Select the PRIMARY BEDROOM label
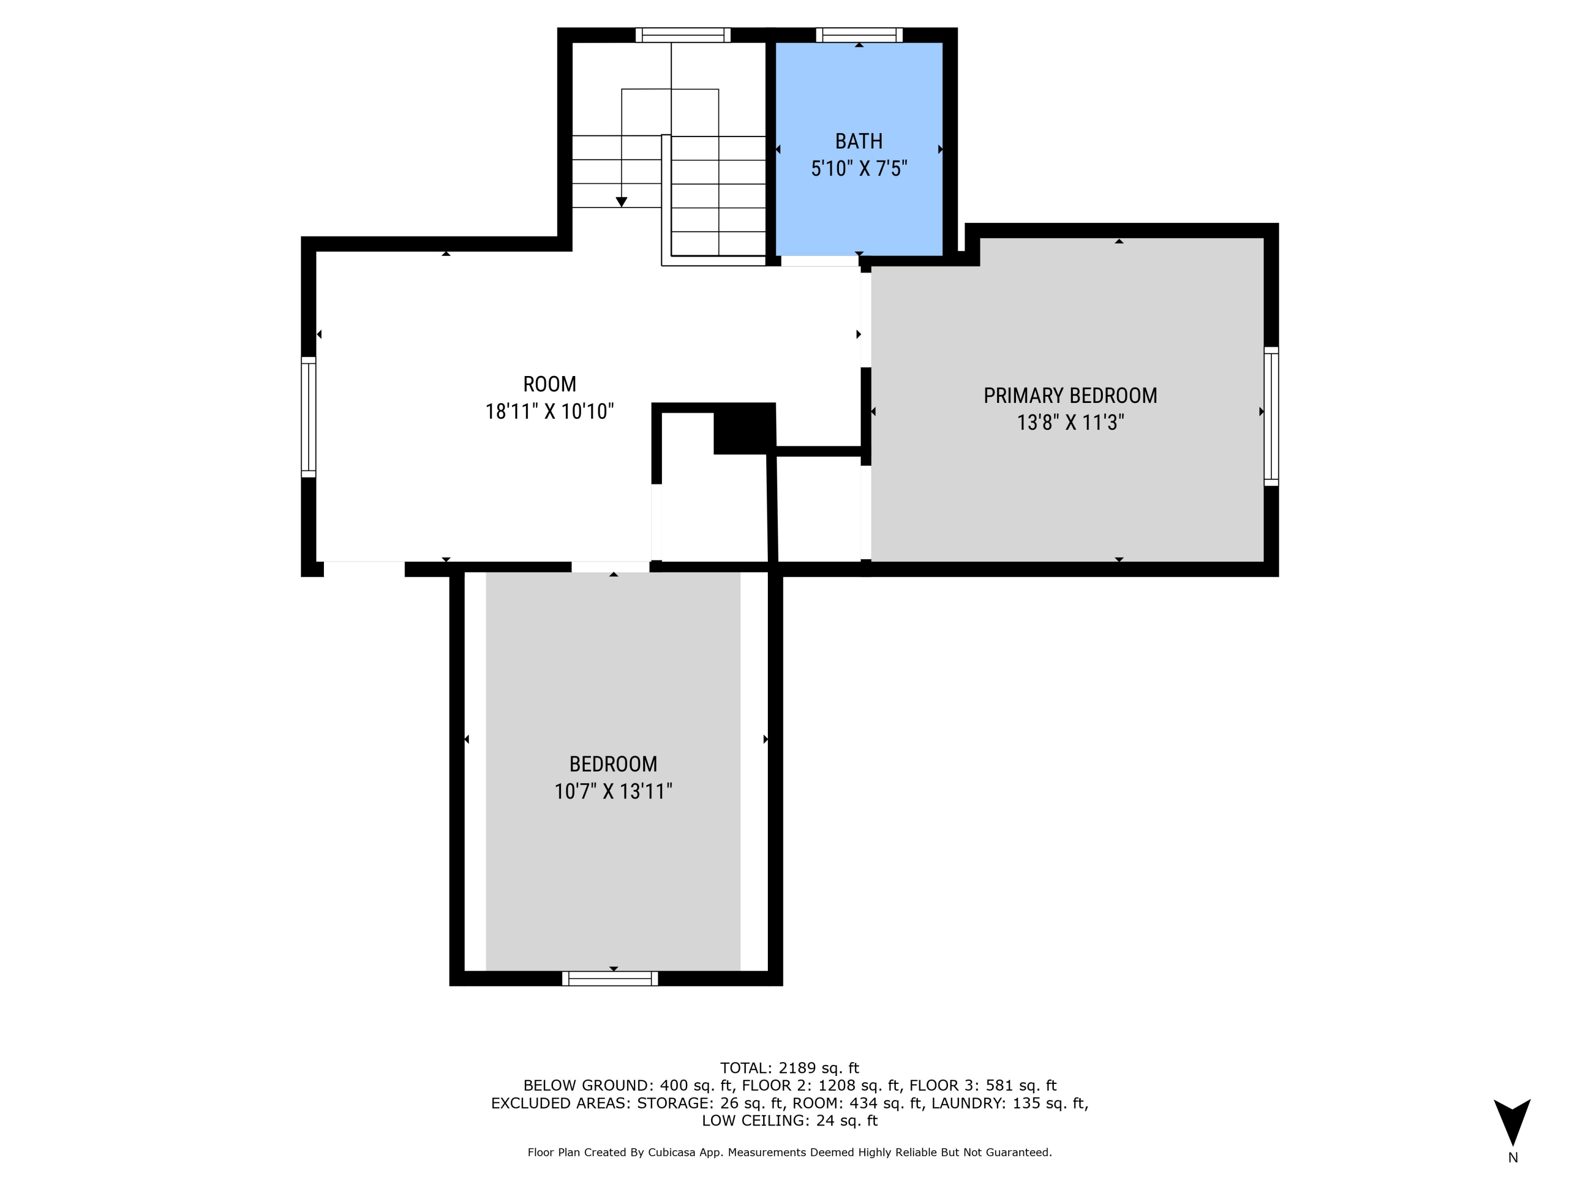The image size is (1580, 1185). (x=1070, y=396)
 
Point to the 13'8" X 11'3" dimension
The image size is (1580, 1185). (x=1070, y=423)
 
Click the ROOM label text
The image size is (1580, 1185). (x=549, y=384)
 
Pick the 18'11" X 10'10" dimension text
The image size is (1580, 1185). (x=549, y=411)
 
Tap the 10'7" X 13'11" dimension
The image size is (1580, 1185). (x=613, y=792)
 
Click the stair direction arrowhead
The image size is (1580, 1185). (x=621, y=202)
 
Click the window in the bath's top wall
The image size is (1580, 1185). (x=860, y=35)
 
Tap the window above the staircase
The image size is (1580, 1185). (x=683, y=35)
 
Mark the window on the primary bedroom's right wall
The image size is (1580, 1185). (x=1271, y=417)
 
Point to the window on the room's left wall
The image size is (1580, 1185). (x=308, y=417)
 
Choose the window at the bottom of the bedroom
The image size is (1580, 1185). (x=610, y=979)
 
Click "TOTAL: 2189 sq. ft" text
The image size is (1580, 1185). (x=789, y=1068)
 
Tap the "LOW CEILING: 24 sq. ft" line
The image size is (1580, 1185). (x=789, y=1121)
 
